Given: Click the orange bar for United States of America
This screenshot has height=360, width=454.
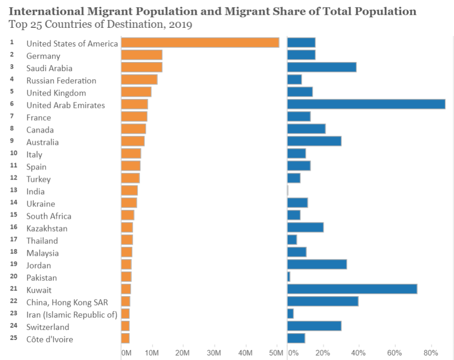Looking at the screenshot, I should tap(200, 43).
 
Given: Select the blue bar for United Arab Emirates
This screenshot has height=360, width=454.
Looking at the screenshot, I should tap(366, 104).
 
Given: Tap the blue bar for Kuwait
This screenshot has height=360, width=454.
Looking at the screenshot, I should tap(352, 289).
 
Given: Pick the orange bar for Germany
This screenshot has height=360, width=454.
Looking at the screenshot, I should tap(142, 55).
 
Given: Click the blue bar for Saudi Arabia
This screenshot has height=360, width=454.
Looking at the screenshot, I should tap(322, 67).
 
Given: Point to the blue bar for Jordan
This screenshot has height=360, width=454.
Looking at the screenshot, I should tap(317, 264).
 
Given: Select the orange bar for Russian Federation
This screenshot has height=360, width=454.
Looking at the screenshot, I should tap(139, 80).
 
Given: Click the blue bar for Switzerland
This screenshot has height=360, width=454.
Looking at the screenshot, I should tap(314, 326).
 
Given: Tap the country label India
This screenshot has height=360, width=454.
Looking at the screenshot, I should tap(36, 192).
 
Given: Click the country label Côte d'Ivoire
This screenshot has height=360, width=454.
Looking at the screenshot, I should tap(50, 339).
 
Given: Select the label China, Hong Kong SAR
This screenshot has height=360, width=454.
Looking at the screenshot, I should tap(67, 302).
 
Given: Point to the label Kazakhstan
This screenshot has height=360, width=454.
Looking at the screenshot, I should tap(47, 228).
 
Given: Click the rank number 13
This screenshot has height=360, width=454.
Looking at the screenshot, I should tap(13, 190).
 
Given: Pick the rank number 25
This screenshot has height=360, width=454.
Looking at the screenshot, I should tap(13, 338).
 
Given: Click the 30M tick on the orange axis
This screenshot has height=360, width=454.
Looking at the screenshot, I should tap(214, 353).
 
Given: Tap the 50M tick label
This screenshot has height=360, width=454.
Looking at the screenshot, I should tap(276, 353).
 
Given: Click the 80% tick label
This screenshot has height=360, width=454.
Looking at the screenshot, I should tap(431, 353).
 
